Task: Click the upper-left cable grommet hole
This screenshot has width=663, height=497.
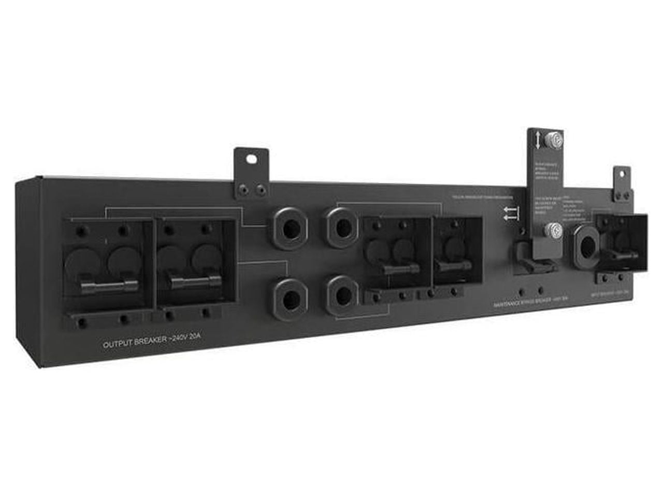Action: [x=291, y=229]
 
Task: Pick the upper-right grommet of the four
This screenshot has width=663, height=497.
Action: [x=342, y=227]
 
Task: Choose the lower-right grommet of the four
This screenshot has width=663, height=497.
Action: [x=342, y=295]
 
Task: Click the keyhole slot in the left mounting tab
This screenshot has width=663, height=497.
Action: [x=252, y=159]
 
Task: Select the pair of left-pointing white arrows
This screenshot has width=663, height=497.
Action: [x=510, y=213]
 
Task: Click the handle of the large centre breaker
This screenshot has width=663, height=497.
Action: [x=400, y=269]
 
